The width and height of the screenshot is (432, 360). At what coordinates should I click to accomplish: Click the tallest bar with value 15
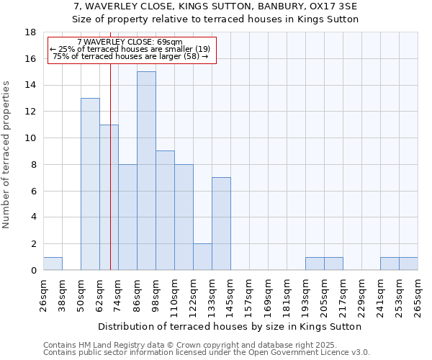(x=146, y=171)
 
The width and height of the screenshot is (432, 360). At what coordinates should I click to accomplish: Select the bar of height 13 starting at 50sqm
(x=90, y=184)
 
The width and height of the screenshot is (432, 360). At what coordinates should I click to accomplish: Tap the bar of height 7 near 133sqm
(x=221, y=223)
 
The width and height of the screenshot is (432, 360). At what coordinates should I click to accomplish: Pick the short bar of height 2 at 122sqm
(x=202, y=256)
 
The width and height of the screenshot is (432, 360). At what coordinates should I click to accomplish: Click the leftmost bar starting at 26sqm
(x=53, y=264)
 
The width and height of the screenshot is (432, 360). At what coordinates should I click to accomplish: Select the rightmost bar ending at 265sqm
(x=408, y=264)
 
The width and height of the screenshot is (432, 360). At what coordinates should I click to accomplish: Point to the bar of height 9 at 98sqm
(x=165, y=210)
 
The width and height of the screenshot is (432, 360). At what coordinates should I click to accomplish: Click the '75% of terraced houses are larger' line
(x=131, y=56)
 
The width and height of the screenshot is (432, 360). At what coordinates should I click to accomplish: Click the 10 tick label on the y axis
(x=31, y=138)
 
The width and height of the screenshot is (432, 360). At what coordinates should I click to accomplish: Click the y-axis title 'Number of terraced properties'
(x=7, y=155)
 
